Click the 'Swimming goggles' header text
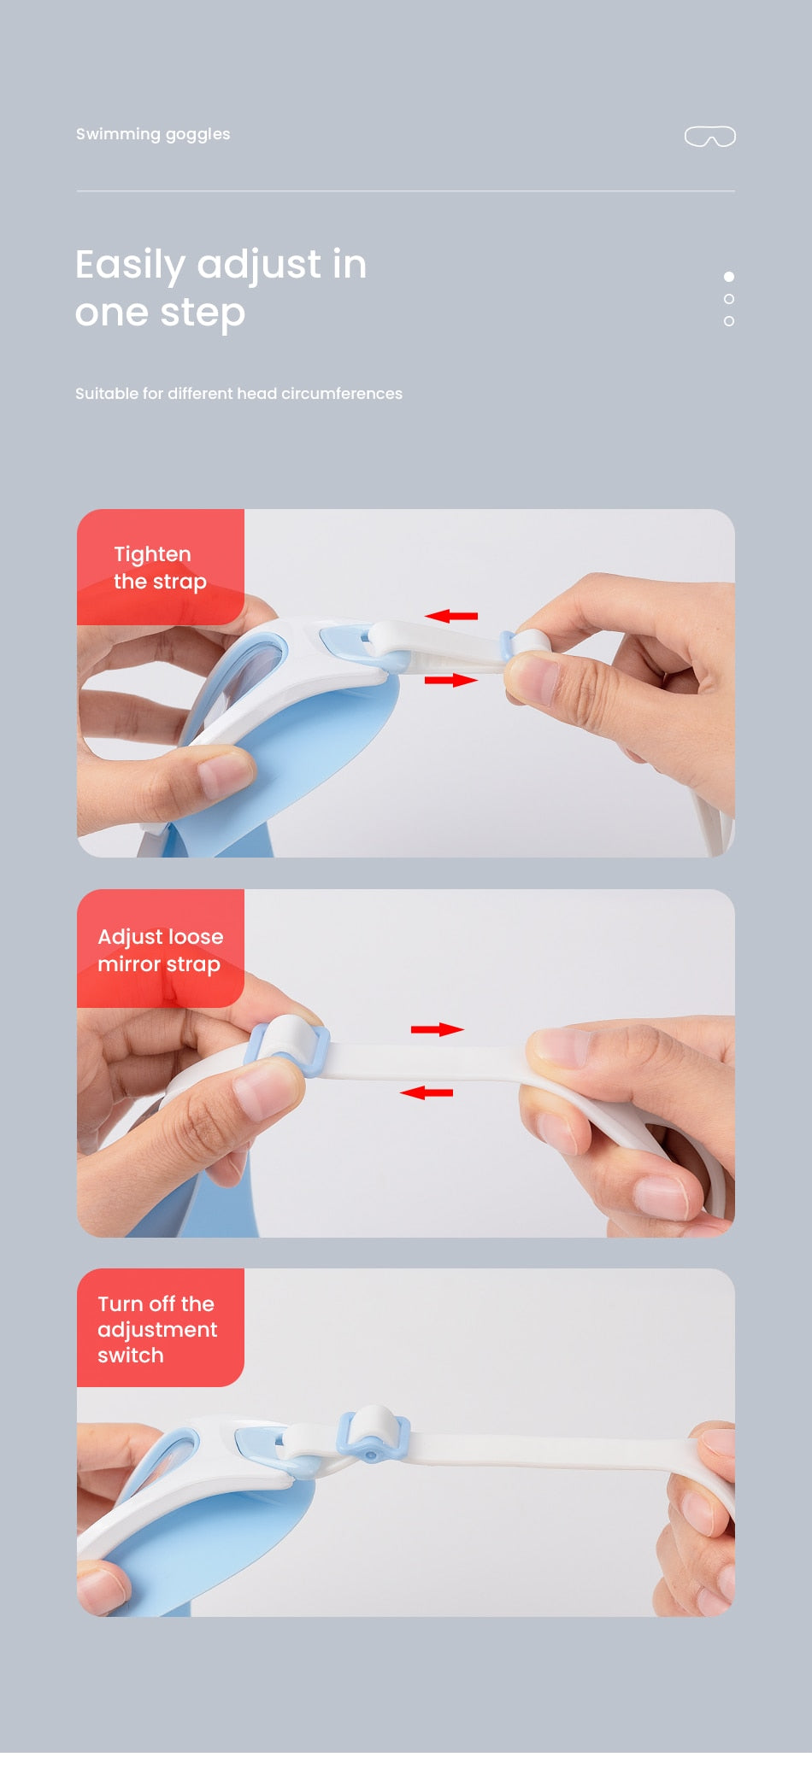153,134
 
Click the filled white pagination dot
729,277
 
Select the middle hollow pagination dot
729,299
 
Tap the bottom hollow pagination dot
729,321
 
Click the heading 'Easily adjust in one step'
221,289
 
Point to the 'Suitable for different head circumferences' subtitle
238,394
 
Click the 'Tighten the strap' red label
161,567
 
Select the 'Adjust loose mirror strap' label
161,949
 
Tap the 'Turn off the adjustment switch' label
161,1328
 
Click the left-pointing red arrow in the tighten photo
451,615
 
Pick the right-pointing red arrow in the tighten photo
451,680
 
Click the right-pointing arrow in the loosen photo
438,1029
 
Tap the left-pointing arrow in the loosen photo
427,1092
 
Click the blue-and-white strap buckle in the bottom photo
374,1434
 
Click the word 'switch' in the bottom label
130,1356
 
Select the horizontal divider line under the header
405,190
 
